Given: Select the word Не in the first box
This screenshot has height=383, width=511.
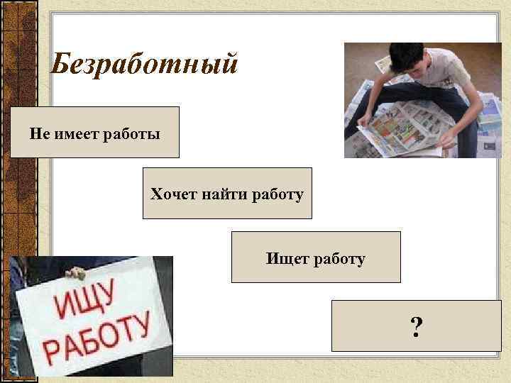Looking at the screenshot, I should pos(38,133).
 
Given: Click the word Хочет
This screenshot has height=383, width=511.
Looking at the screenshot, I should pos(169,194).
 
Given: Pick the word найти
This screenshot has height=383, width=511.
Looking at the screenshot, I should pos(220,194).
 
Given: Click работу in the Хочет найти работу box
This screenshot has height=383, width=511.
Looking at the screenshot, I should pos(278,194).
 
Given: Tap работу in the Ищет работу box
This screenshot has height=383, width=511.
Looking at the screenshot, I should pos(337,259).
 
